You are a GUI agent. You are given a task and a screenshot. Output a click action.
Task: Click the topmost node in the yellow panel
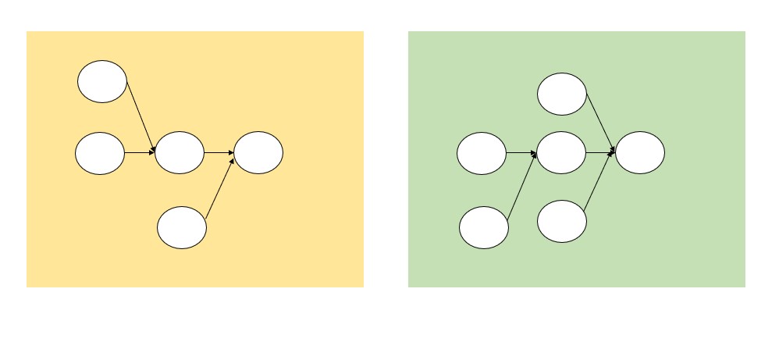(102, 81)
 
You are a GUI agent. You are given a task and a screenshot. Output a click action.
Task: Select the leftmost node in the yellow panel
(100, 153)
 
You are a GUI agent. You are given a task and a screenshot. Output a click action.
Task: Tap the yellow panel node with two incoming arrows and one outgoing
(180, 153)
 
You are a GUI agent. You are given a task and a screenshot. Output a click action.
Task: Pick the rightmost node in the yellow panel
(258, 153)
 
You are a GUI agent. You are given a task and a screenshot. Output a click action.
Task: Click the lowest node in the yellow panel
(182, 227)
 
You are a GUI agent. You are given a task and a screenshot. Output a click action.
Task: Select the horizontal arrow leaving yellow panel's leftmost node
(140, 153)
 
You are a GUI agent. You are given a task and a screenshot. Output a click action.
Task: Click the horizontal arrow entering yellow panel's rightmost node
(219, 153)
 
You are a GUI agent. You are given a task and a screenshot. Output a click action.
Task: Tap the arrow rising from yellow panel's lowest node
(220, 187)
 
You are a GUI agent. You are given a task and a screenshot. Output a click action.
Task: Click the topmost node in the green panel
(562, 94)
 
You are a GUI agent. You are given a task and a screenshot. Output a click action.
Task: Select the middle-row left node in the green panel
(482, 153)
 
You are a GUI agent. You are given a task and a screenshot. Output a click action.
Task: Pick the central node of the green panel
(562, 153)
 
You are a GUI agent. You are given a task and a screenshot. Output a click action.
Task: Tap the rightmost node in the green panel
(640, 153)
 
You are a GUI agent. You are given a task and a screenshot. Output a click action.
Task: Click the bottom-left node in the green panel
(484, 227)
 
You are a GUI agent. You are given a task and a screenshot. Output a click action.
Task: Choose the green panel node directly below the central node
(562, 221)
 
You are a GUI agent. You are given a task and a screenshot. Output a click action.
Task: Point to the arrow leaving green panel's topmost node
(600, 121)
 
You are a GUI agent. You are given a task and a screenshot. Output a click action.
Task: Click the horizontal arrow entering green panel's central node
(521, 153)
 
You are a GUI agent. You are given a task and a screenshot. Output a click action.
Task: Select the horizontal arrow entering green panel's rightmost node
(601, 153)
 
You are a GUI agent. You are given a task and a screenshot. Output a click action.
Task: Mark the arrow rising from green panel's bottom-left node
(521, 187)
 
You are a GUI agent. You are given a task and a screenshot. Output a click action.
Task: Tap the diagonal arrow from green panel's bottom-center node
(599, 183)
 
